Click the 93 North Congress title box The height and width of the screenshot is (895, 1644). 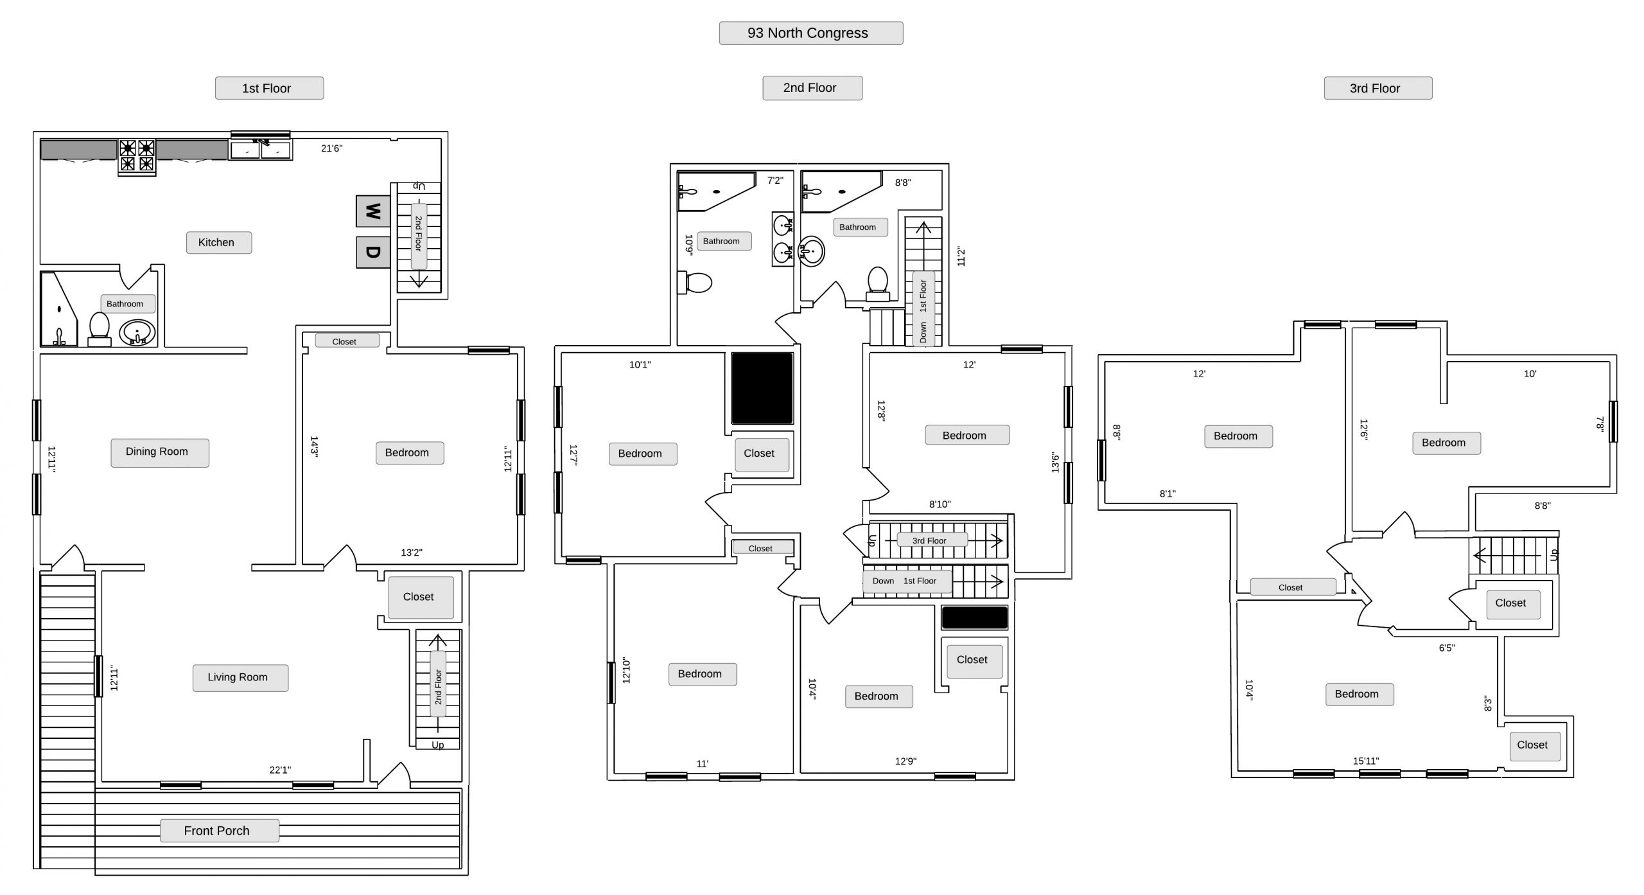810,33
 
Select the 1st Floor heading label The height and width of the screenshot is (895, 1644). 269,88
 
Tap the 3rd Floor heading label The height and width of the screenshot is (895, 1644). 1377,88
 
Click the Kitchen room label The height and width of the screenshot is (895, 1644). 219,242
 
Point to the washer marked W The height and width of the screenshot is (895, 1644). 373,211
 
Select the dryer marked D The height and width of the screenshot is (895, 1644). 373,252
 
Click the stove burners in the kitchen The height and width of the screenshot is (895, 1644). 137,156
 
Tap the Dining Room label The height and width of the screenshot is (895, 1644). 160,452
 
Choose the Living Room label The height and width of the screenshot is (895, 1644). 240,677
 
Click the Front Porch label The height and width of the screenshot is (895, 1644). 219,830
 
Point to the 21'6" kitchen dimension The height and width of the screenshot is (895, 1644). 332,148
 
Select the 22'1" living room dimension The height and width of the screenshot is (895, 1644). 280,770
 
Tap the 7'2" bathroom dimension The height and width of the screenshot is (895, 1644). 775,181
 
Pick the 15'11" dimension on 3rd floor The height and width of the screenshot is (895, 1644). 1366,761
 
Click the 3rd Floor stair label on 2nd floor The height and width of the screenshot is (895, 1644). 931,540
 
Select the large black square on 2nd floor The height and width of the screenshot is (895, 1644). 762,388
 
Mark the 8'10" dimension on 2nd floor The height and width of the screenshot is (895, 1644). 940,504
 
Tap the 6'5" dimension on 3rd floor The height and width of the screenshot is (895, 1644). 1447,648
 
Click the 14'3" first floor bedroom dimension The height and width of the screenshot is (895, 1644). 314,446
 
